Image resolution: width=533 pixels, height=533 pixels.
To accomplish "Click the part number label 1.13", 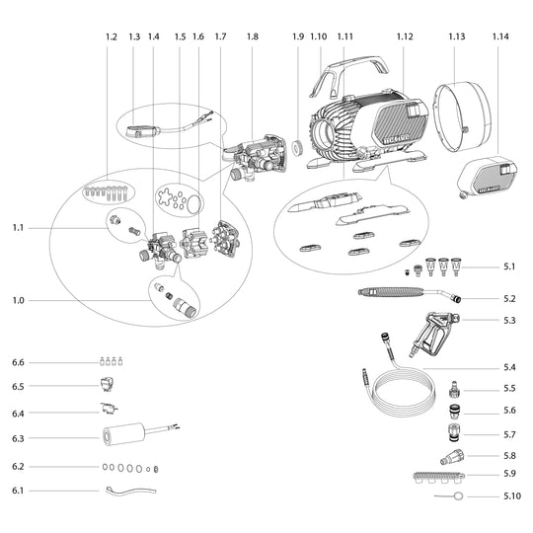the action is click(x=457, y=37).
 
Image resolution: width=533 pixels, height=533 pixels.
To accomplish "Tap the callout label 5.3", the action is click(x=509, y=320).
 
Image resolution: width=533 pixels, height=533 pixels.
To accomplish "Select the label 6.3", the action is click(x=18, y=438).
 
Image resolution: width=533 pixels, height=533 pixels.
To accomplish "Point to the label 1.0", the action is click(x=19, y=300).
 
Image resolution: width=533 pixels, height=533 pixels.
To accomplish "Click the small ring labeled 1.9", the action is click(x=297, y=148).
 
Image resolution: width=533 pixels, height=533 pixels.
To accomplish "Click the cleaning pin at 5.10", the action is click(x=449, y=495).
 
